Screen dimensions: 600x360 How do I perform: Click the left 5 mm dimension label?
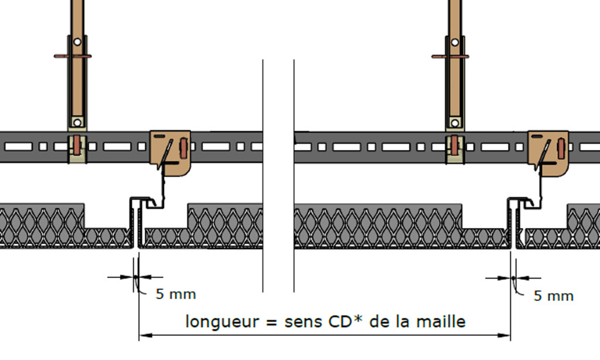pos(176,294)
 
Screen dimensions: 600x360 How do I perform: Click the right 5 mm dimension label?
pos(553,296)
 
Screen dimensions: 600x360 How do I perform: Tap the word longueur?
pos(222,322)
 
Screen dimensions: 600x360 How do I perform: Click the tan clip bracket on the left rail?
pos(171,153)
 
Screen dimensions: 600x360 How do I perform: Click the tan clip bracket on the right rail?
pos(548,153)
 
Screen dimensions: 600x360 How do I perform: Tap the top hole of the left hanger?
pos(77,42)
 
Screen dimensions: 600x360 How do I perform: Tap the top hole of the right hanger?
pos(455,42)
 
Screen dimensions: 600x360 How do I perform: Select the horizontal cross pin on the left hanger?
pos(73,56)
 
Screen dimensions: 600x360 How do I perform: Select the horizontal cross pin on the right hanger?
pos(451,57)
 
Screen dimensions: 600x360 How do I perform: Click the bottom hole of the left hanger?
pos(77,123)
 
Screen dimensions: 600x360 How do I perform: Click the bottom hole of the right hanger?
pos(455,123)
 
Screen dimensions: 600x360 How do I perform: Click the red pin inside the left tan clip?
pos(183,148)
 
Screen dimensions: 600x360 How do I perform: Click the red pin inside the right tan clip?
pos(561,148)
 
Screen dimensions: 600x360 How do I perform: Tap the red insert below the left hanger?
pos(77,145)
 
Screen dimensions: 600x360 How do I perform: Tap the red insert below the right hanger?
pos(454,146)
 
